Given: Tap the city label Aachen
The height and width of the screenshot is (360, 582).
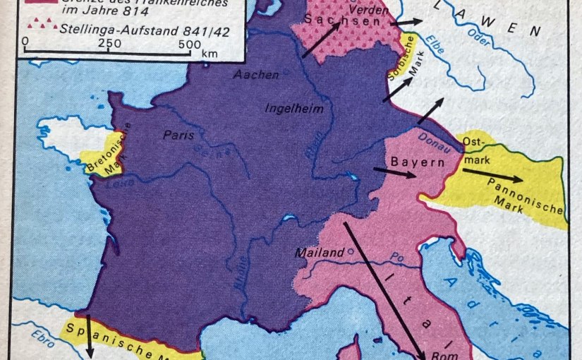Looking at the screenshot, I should pyautogui.click(x=256, y=74).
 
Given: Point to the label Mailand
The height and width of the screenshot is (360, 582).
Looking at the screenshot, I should pyautogui.click(x=318, y=251).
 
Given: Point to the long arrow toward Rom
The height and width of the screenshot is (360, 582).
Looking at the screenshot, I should pyautogui.click(x=384, y=289).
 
